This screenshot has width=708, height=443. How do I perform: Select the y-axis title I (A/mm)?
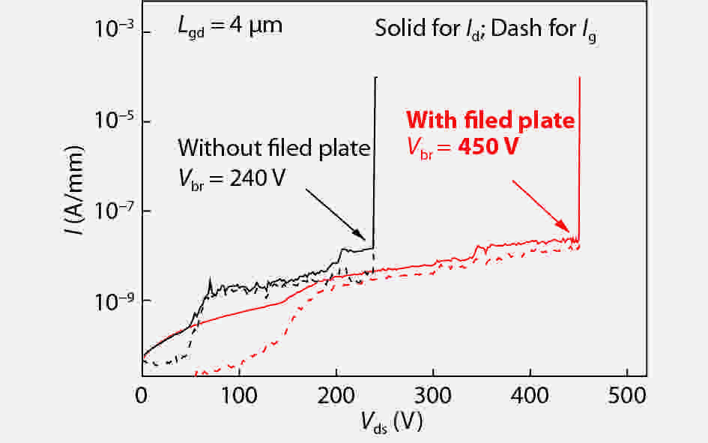74,197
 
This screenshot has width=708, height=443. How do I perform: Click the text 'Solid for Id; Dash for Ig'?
487,30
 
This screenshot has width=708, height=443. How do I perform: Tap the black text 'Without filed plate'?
274,147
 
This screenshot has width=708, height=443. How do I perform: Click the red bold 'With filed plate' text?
490,120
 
